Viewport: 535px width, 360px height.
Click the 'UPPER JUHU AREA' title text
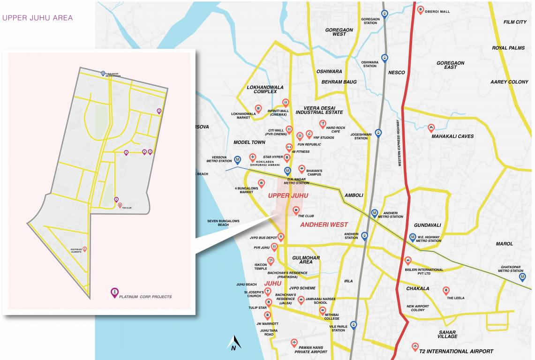(x=38, y=18)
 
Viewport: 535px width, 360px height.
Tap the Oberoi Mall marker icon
(x=421, y=9)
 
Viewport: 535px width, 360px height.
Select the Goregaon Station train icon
(x=384, y=14)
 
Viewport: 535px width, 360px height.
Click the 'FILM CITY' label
(x=515, y=22)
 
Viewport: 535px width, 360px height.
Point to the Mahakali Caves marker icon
(x=431, y=127)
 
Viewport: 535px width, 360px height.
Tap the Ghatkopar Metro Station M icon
(x=522, y=277)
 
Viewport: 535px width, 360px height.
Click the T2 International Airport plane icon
(x=414, y=346)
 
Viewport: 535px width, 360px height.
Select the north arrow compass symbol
(x=234, y=343)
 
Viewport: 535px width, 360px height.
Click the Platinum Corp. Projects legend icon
(x=114, y=292)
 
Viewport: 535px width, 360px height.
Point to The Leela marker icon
(x=446, y=290)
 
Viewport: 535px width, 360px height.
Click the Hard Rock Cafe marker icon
(x=322, y=124)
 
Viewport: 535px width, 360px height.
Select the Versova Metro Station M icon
(x=238, y=160)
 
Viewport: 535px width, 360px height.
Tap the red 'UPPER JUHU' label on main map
(x=285, y=195)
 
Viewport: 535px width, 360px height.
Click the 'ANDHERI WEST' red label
(x=324, y=225)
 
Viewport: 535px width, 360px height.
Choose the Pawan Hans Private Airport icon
(x=294, y=343)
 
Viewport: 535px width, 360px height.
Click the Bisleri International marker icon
(x=408, y=260)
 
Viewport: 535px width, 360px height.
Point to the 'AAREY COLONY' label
(x=509, y=82)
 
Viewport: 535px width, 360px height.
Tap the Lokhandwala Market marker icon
(x=258, y=109)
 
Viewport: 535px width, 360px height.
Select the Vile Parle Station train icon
(x=354, y=324)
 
